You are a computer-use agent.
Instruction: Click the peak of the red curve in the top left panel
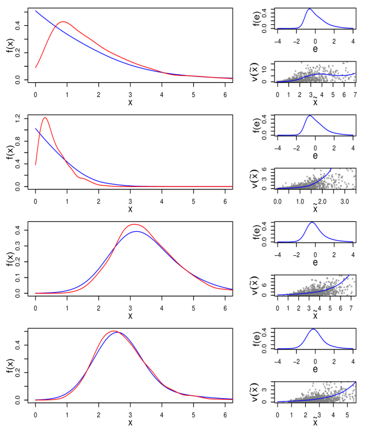click(63, 22)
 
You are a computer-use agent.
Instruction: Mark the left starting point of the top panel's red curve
click(35, 68)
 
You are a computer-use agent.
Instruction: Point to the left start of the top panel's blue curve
click(35, 11)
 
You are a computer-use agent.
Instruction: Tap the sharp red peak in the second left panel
click(45, 118)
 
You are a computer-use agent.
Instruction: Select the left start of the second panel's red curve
click(35, 165)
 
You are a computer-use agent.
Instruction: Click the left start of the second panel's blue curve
click(35, 128)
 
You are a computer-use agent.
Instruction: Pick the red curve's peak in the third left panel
click(135, 224)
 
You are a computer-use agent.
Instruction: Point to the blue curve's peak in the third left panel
click(137, 231)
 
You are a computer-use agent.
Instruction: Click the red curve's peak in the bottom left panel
click(114, 331)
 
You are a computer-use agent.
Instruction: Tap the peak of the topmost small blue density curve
click(309, 9)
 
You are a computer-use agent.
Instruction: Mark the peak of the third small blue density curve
click(312, 223)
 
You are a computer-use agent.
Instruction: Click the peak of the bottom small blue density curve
click(313, 330)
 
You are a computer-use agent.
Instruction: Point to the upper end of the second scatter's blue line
click(331, 169)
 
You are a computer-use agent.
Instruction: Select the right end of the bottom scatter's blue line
click(355, 383)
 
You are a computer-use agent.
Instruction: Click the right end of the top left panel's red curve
click(232, 79)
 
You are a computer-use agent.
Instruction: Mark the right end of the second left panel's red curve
click(232, 186)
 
